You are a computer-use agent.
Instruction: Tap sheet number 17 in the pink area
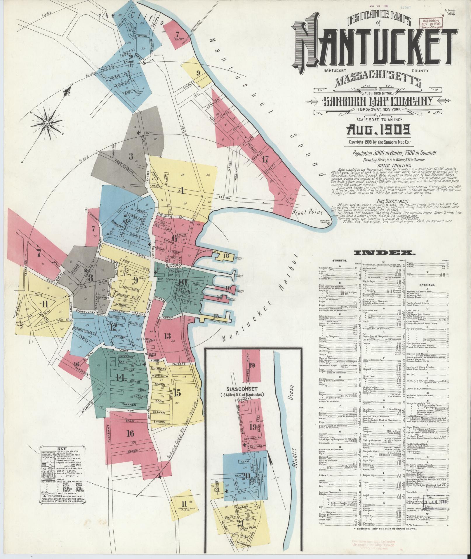(x=265, y=159)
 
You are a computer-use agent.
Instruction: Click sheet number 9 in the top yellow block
(x=198, y=73)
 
